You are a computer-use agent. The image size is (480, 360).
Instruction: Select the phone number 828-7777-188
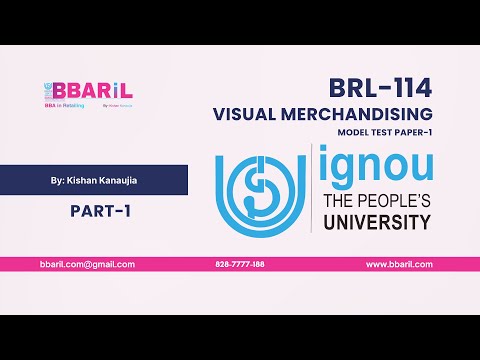[240, 264]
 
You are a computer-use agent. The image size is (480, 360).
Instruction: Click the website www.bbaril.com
[399, 264]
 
